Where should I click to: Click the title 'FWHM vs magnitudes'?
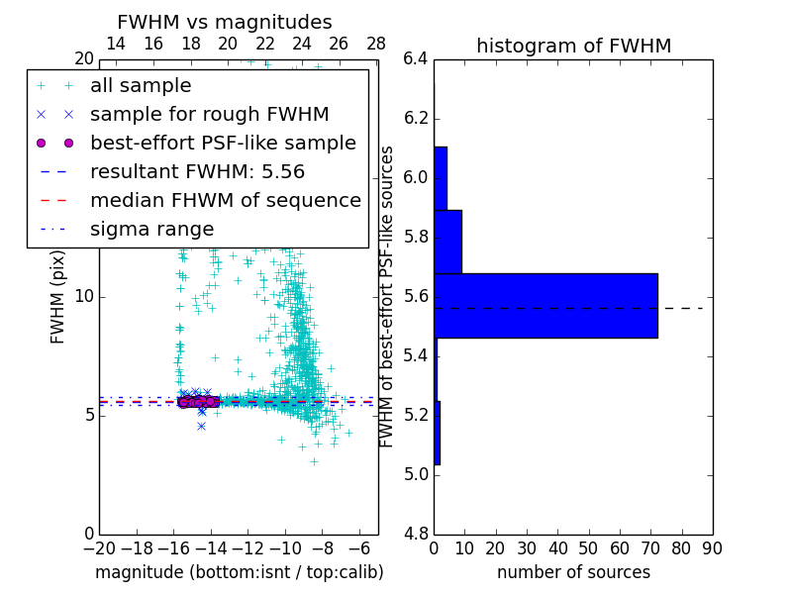tap(225, 23)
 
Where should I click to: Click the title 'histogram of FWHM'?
tap(573, 46)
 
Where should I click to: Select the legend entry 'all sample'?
tap(141, 86)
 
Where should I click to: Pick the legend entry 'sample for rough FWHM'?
tap(209, 115)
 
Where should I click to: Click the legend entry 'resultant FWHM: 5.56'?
tap(197, 172)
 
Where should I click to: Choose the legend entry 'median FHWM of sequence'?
tap(225, 201)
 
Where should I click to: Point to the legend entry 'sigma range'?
tap(151, 230)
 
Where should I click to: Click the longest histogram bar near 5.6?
tap(545, 306)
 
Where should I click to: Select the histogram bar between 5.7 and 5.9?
tap(447, 242)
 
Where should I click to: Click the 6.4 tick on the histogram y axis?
tap(415, 59)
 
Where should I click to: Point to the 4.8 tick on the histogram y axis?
tap(415, 534)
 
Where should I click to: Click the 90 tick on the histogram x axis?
tap(712, 547)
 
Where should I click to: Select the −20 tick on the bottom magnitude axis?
tap(98, 547)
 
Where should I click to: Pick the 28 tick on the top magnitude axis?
tap(376, 44)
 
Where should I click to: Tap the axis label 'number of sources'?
tap(573, 572)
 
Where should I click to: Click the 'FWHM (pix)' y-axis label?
tap(58, 298)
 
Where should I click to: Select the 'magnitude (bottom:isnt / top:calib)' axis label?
tap(239, 572)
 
